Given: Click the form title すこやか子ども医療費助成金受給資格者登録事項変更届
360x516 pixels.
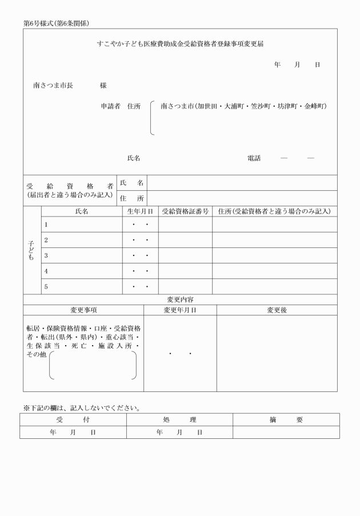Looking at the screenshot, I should coord(181,44).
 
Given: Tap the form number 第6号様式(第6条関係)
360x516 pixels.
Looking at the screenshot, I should coord(56,23).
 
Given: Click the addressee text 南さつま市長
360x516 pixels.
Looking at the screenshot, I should coord(53,86).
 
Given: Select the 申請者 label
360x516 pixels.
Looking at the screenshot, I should coord(110,106).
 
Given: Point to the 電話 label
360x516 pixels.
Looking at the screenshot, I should coord(254,158).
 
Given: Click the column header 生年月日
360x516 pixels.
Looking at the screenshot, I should coord(140,211).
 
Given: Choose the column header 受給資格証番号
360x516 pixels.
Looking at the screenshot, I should coord(185,211).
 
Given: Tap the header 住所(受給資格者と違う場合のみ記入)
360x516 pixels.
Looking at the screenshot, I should coord(274,211).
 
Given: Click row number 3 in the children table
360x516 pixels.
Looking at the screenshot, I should coord(46,255).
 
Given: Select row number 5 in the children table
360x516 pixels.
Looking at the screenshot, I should coord(46,286).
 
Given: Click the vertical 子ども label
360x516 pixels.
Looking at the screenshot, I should coord(31,250).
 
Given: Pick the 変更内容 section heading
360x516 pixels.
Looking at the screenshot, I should coord(180,299).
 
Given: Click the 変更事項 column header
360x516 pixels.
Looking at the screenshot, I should coord(83,310).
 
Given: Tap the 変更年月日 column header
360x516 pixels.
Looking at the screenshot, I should coord(180,310).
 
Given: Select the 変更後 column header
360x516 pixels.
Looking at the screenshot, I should coord(277,310).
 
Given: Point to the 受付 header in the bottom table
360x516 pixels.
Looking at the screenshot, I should coord(73,420).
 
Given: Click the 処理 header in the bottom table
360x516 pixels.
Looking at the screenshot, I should coord(179,420).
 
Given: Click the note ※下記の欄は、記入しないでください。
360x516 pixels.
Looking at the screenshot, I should coord(82,408).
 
